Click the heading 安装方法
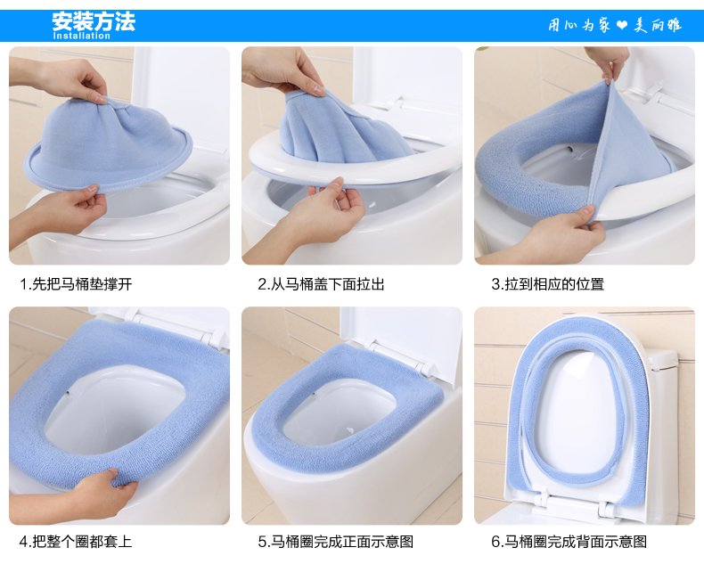tap(94, 21)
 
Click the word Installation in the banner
tap(81, 36)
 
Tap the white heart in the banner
tap(622, 25)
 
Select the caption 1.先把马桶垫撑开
tap(76, 284)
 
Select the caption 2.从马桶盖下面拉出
tap(321, 284)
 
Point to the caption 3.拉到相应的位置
tap(547, 284)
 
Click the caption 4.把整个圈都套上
tap(76, 541)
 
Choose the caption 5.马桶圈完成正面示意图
tap(335, 541)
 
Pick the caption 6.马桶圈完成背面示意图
tap(569, 541)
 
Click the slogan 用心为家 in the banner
tap(578, 25)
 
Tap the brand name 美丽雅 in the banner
tap(658, 25)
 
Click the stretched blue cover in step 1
tap(108, 143)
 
